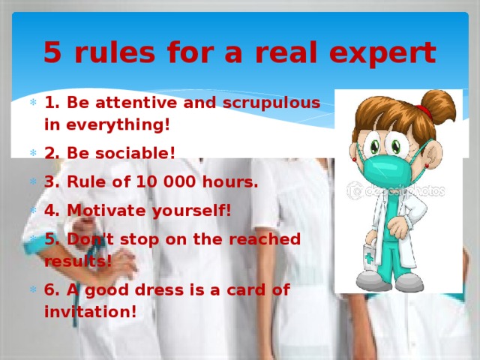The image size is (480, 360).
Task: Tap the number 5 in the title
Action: click(52, 52)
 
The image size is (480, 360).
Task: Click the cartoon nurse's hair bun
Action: click(438, 105)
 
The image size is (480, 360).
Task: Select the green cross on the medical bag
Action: click(368, 256)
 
